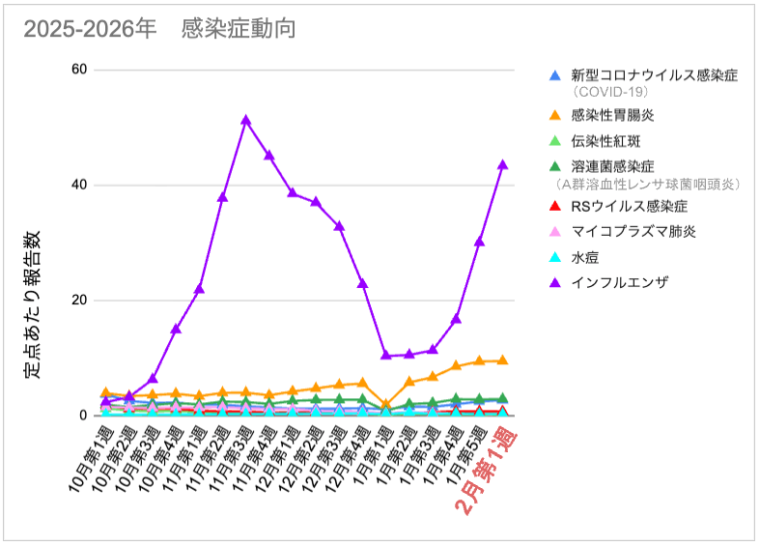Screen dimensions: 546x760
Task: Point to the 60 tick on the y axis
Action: point(78,70)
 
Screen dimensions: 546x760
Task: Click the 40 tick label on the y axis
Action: point(78,185)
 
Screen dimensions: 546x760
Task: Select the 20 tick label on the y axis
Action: point(78,300)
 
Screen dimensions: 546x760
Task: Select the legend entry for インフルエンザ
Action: point(619,283)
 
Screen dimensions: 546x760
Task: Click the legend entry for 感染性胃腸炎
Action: point(612,115)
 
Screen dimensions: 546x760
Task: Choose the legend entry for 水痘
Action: point(585,258)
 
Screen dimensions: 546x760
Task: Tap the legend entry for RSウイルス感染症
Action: point(629,207)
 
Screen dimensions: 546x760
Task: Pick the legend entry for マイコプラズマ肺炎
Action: point(633,232)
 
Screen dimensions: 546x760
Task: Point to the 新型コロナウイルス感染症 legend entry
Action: point(654,74)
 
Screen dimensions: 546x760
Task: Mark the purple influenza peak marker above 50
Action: point(246,121)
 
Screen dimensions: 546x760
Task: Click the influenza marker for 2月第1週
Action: point(502,165)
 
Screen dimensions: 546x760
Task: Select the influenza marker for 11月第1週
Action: point(199,288)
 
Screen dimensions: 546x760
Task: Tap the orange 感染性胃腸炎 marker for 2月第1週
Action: point(502,360)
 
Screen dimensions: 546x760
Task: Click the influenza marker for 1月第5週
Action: point(479,242)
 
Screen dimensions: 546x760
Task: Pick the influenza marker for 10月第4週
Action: point(176,329)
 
